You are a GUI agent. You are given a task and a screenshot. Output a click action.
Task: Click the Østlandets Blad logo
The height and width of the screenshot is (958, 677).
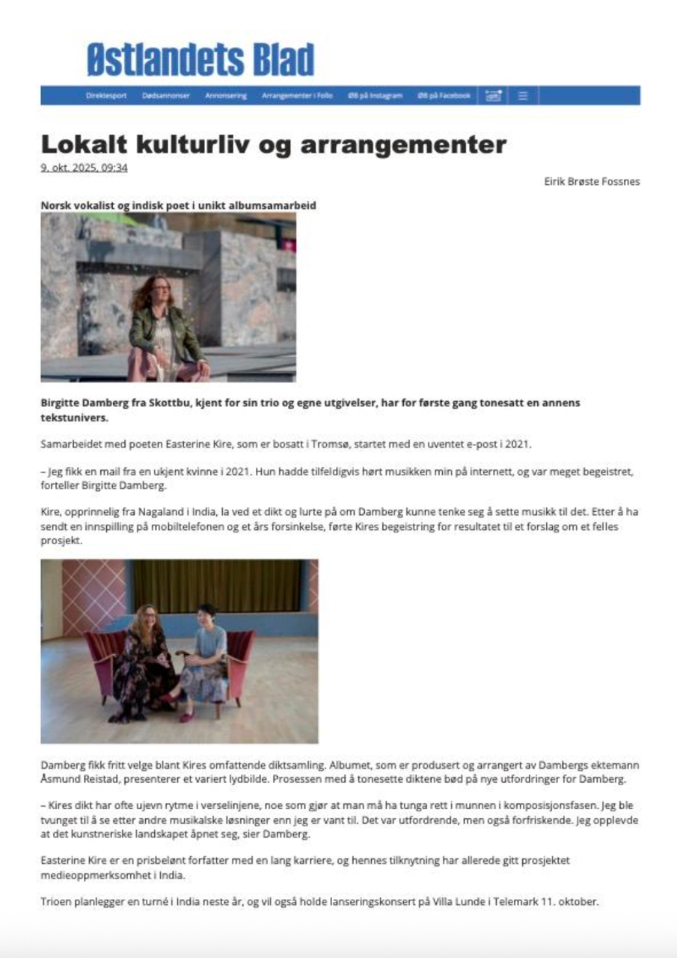pos(200,60)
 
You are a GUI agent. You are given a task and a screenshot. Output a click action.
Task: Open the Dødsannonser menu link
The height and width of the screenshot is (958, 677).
pos(166,96)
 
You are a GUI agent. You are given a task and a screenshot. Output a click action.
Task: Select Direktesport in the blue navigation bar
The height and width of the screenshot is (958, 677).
pos(106,96)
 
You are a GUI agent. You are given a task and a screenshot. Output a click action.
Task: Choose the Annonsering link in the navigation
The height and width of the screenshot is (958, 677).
pos(226,96)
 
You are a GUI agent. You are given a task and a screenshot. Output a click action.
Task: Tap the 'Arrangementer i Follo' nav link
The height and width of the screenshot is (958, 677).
pos(297,96)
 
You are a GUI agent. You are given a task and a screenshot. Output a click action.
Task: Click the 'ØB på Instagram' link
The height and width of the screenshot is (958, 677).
pos(375,96)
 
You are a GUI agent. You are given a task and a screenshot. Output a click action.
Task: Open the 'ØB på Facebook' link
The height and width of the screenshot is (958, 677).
pos(444,96)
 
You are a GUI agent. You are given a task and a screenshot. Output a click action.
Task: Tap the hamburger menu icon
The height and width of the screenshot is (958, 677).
pos(523,96)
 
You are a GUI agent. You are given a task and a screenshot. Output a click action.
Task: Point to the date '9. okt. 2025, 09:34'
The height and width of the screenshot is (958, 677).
pos(84,168)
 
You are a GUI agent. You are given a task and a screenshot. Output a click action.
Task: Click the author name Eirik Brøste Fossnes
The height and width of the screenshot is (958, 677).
pos(592,181)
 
